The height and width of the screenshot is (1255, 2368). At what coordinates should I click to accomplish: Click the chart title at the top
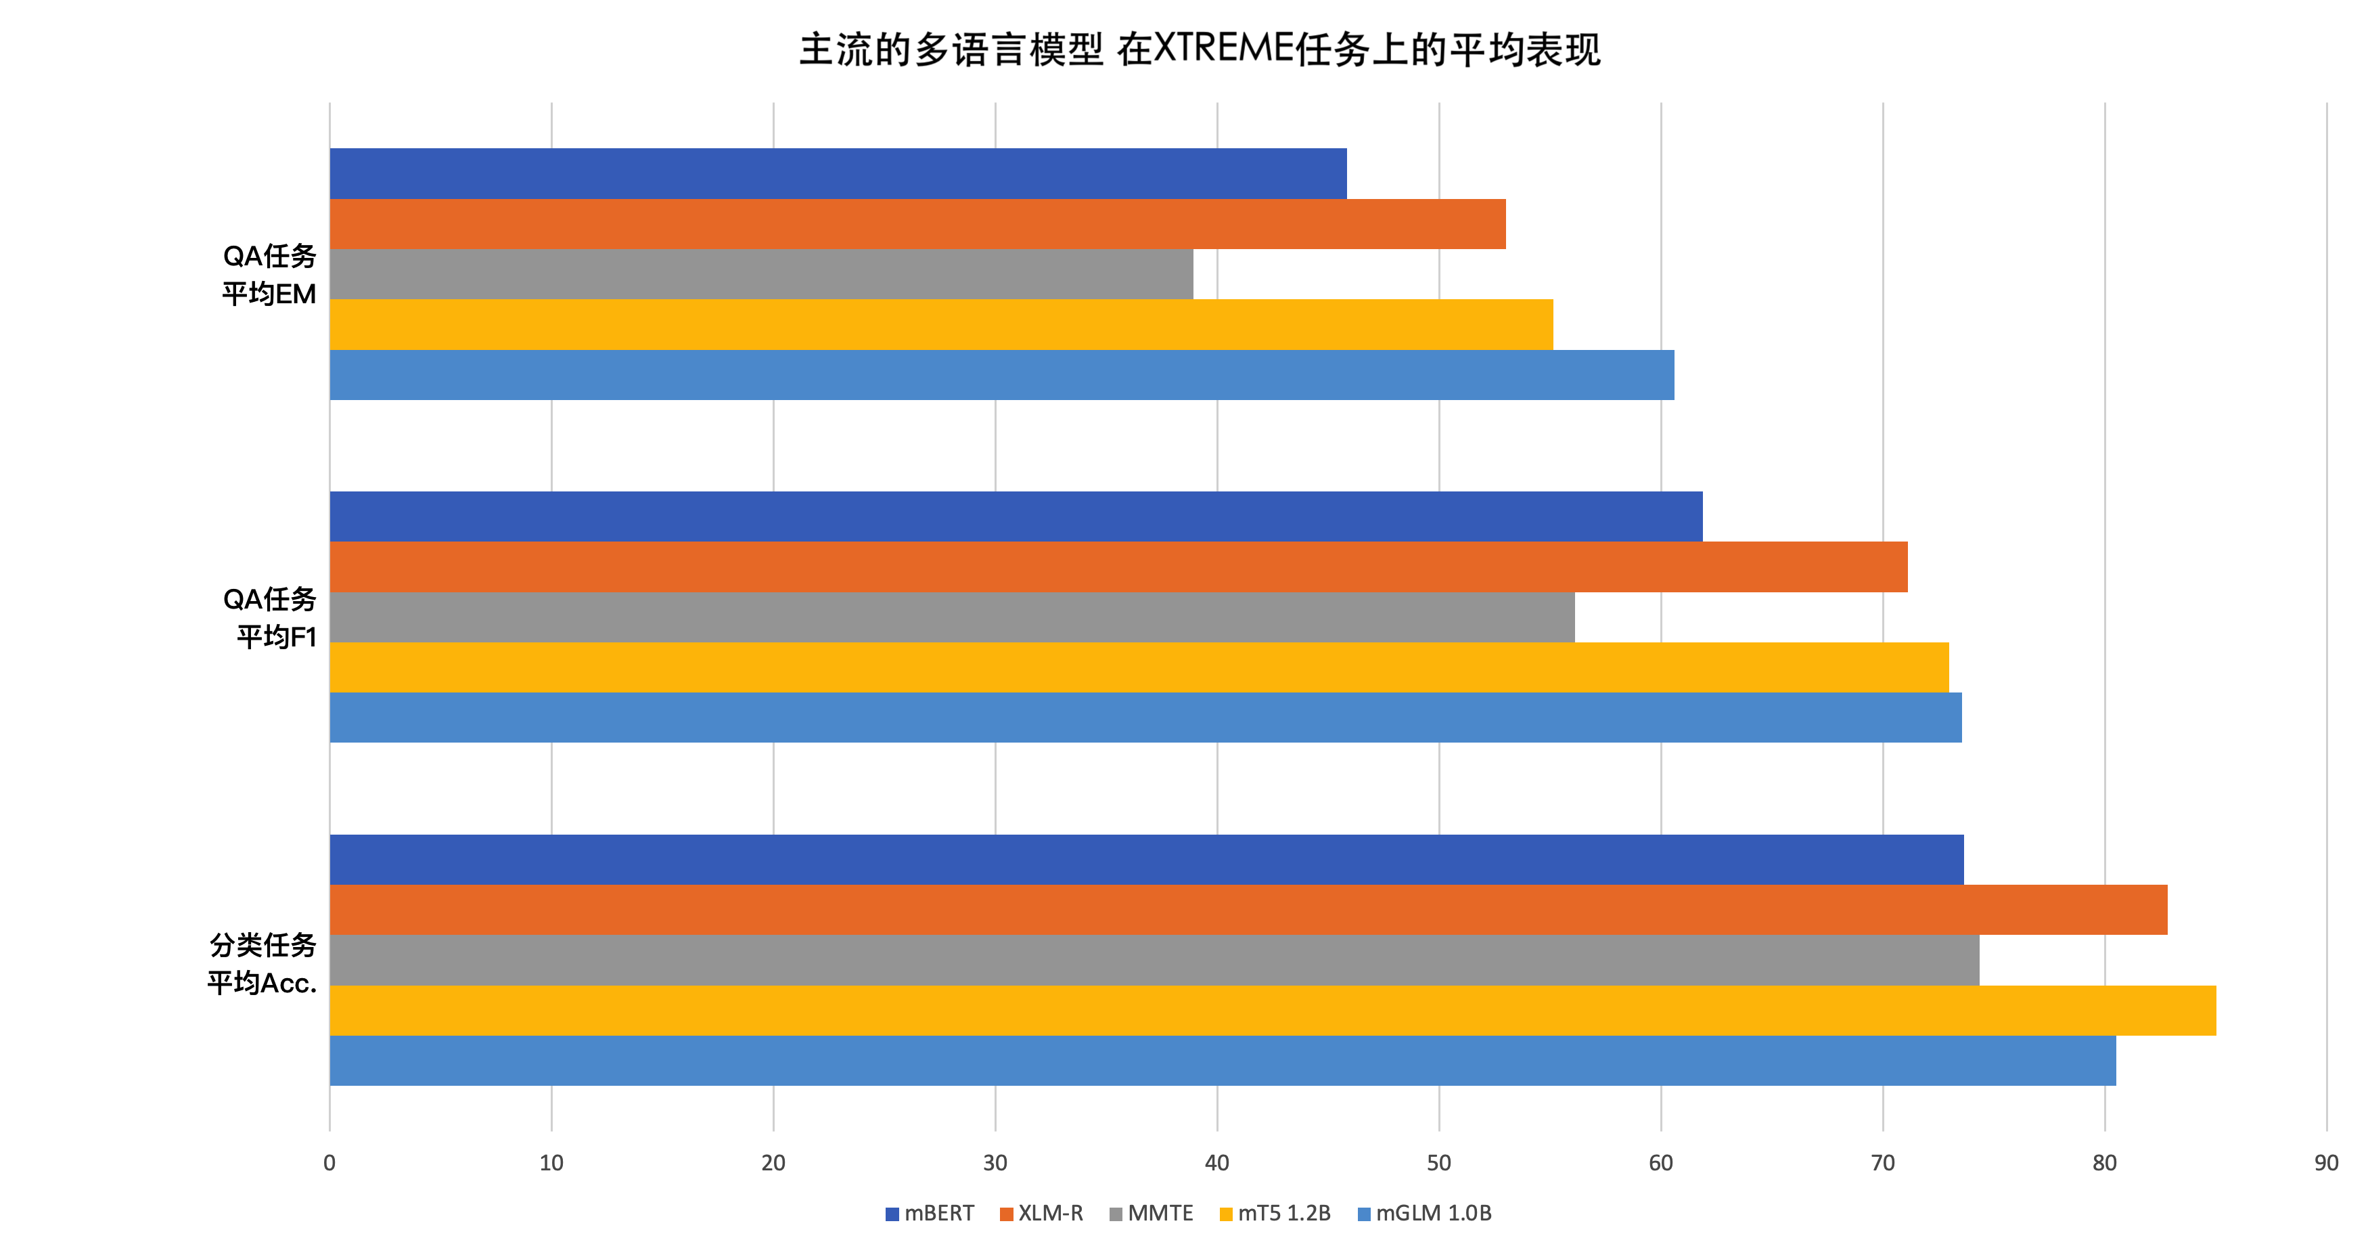tap(1200, 49)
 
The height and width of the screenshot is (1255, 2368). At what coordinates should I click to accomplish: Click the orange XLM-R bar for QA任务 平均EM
tap(917, 224)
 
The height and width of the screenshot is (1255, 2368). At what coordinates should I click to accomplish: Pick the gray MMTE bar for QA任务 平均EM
tap(761, 274)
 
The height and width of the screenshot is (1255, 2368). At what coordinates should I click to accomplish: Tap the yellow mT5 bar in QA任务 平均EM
tap(941, 324)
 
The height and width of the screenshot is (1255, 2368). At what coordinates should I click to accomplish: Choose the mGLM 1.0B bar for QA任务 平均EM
tap(1002, 375)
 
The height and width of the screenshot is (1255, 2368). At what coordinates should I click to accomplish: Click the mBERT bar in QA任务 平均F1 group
tap(1016, 516)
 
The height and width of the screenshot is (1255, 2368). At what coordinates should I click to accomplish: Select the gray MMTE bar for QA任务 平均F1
tap(951, 617)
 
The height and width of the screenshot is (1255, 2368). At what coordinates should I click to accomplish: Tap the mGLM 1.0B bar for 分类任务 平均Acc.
tap(1223, 1061)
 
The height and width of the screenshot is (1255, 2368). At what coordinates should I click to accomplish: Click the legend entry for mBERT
tap(930, 1214)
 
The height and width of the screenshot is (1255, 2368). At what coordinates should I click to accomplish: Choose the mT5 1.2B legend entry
tap(1275, 1214)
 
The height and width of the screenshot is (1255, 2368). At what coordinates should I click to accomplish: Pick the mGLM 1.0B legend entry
tap(1425, 1214)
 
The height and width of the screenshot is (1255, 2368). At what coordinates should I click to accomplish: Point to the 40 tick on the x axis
tap(1217, 1163)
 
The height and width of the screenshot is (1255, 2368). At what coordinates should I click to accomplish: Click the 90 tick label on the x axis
tap(2327, 1163)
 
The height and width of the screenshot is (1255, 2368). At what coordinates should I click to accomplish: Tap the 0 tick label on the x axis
tap(329, 1163)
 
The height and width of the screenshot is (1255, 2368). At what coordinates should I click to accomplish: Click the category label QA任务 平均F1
tap(269, 618)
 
